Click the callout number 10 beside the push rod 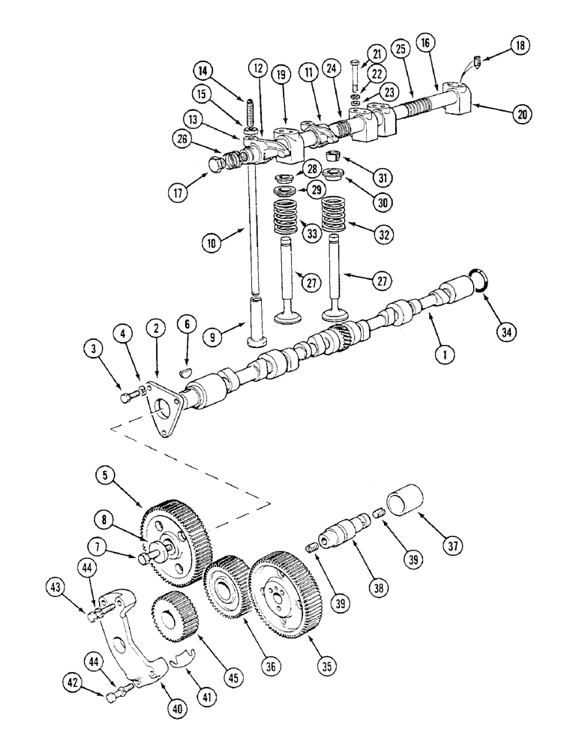212,244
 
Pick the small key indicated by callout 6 187,370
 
